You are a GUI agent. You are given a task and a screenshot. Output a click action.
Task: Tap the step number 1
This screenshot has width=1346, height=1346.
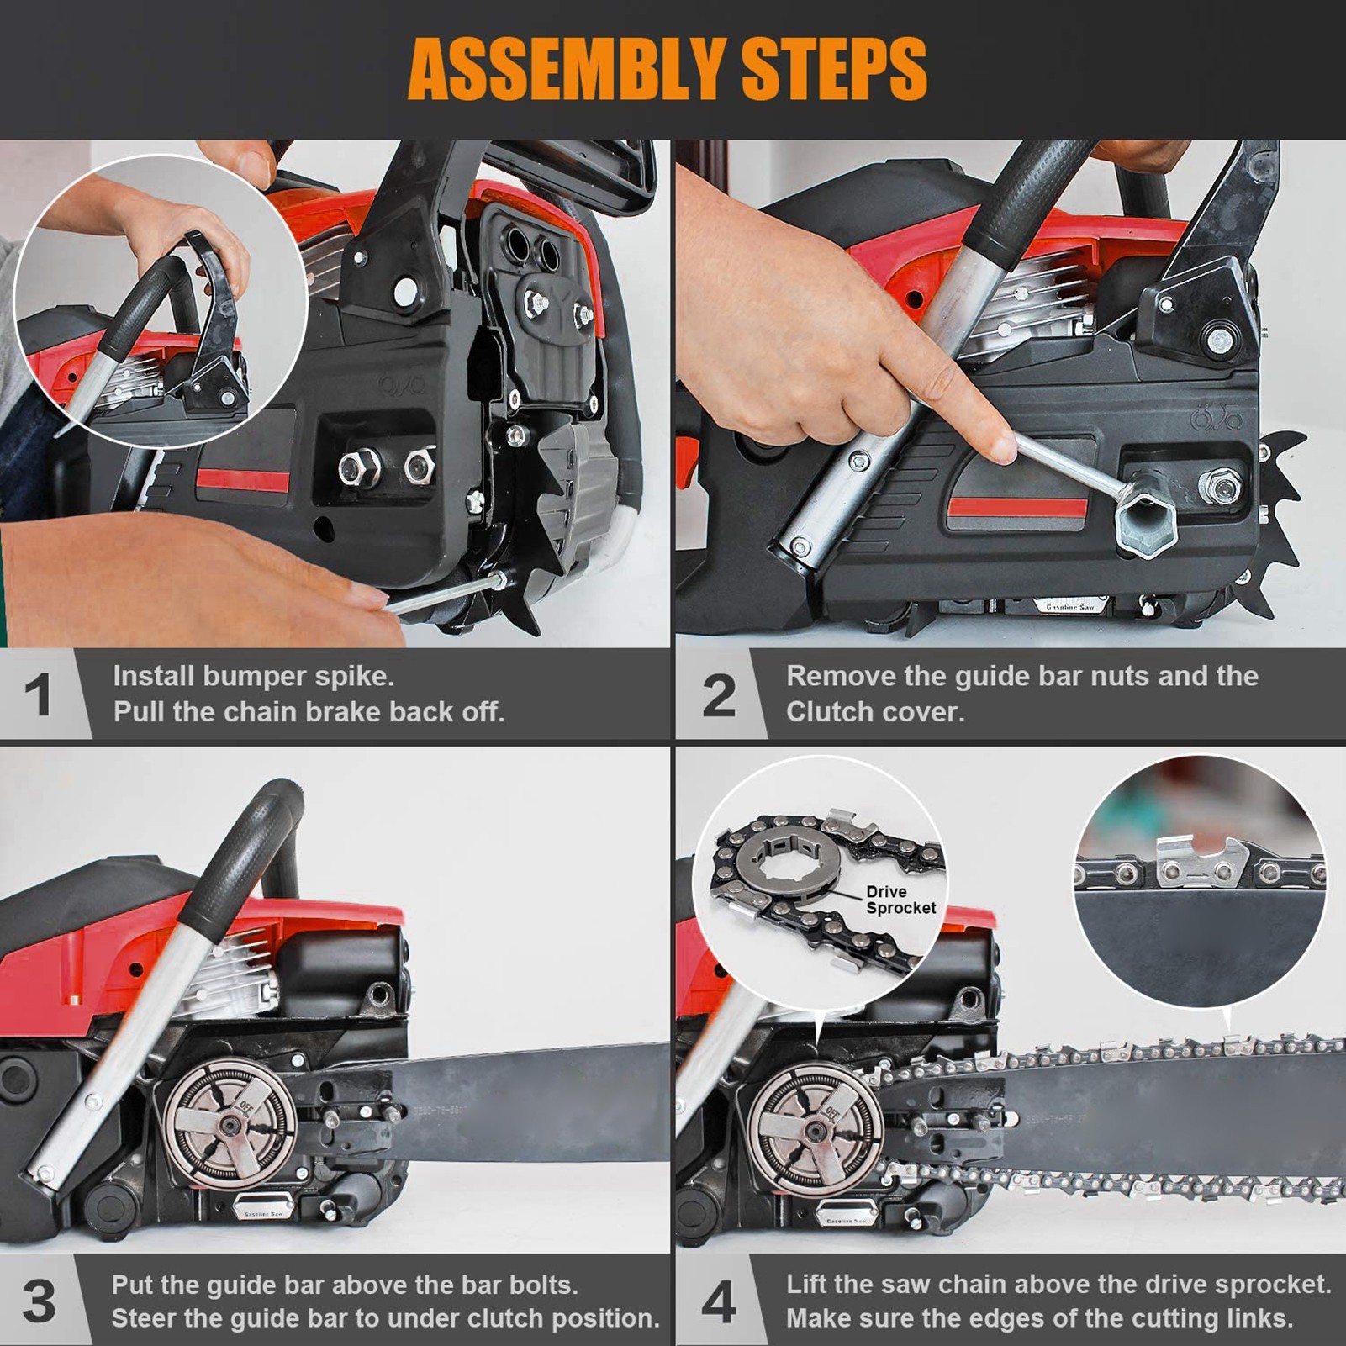(38, 695)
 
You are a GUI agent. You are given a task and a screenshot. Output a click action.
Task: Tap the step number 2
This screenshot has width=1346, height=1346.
(719, 695)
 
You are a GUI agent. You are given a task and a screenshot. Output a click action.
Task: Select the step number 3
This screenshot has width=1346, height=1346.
(38, 1301)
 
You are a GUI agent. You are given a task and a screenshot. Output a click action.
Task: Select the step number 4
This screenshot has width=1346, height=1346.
(719, 1301)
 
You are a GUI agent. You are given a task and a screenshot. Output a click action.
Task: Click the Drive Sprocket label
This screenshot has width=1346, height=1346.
(900, 900)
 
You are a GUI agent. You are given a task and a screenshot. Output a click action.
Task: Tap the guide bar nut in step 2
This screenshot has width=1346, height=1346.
(1220, 485)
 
